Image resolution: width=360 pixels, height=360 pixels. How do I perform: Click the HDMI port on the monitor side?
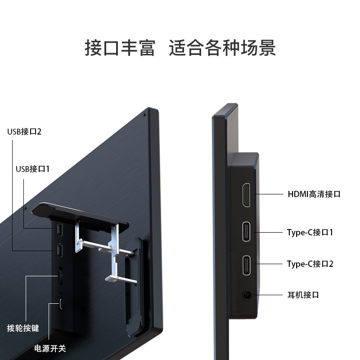coord(247,195)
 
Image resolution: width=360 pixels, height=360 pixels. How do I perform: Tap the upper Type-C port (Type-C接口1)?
coord(247,232)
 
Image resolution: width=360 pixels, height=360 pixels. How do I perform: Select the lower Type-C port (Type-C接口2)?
coord(247,265)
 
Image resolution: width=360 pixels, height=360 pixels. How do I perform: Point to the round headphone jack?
coord(247,295)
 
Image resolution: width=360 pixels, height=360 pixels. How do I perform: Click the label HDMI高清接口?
coord(314,194)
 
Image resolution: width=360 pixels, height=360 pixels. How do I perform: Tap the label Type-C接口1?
coord(310,233)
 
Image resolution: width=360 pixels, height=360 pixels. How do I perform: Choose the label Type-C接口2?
coord(310,264)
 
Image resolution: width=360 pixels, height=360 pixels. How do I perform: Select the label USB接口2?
coord(24,132)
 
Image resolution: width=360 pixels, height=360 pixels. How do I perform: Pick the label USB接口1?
coord(33,169)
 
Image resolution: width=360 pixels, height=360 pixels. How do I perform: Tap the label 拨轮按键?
coord(23,328)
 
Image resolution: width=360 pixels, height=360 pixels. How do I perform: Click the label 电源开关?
coord(50,348)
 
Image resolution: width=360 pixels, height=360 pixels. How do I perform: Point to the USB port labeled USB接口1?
coord(60,229)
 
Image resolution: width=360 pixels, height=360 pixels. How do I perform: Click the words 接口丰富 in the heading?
coord(119,48)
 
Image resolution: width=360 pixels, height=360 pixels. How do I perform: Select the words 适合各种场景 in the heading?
coord(222,48)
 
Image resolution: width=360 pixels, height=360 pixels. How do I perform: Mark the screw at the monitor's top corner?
coord(144,114)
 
